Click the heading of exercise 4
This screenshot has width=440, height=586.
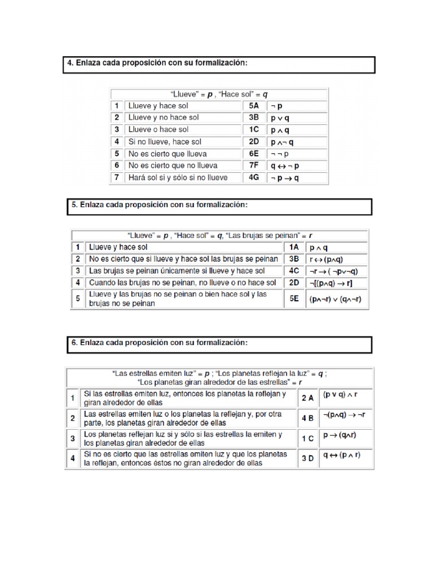pos(155,64)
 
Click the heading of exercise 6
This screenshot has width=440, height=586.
pos(160,343)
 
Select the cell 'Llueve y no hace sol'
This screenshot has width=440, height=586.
pos(164,118)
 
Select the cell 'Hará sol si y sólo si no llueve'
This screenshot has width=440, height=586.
pos(178,177)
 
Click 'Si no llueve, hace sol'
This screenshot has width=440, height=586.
pos(165,141)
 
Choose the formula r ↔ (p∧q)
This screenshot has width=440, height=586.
pos(328,259)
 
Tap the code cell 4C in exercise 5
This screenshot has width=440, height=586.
pos(294,271)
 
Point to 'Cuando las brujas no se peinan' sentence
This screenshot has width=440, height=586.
pos(182,283)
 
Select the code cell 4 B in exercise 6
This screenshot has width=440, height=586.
pos(307,418)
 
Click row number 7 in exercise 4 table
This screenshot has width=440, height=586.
pos(116,177)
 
